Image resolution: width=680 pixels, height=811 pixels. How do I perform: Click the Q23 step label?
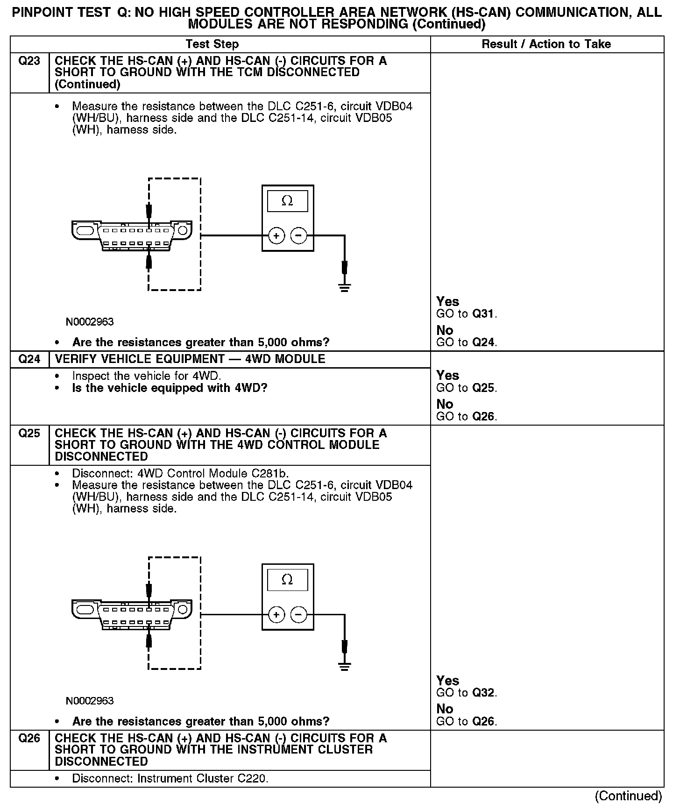(29, 61)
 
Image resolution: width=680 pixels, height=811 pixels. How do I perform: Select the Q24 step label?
(29, 359)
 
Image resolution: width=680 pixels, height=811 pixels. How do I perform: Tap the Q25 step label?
(29, 434)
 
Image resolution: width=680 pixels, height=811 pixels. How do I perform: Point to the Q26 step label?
(29, 739)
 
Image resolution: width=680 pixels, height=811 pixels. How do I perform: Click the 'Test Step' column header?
(212, 44)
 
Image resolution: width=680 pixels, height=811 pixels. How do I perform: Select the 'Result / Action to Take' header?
(546, 44)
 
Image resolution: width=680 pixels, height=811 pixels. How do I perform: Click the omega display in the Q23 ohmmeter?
(287, 201)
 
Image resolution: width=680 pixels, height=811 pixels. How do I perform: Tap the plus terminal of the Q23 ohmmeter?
(276, 236)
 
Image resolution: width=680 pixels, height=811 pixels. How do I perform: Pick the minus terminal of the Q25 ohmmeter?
(299, 615)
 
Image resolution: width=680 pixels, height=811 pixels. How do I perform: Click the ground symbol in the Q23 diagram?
(345, 287)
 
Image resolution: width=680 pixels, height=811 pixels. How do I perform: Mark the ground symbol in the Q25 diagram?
(345, 666)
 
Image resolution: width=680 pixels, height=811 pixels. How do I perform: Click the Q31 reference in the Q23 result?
(483, 314)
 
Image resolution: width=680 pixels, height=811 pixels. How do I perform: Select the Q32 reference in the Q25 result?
(483, 693)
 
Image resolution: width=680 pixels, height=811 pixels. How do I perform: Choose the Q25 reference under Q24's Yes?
(483, 388)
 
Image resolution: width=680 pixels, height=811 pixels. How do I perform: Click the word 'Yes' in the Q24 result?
(447, 376)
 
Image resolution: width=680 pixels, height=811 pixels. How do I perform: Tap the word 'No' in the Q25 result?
(445, 709)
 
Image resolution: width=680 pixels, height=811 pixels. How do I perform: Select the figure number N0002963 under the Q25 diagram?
(90, 701)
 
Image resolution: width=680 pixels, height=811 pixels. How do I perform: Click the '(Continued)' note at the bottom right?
(629, 796)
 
